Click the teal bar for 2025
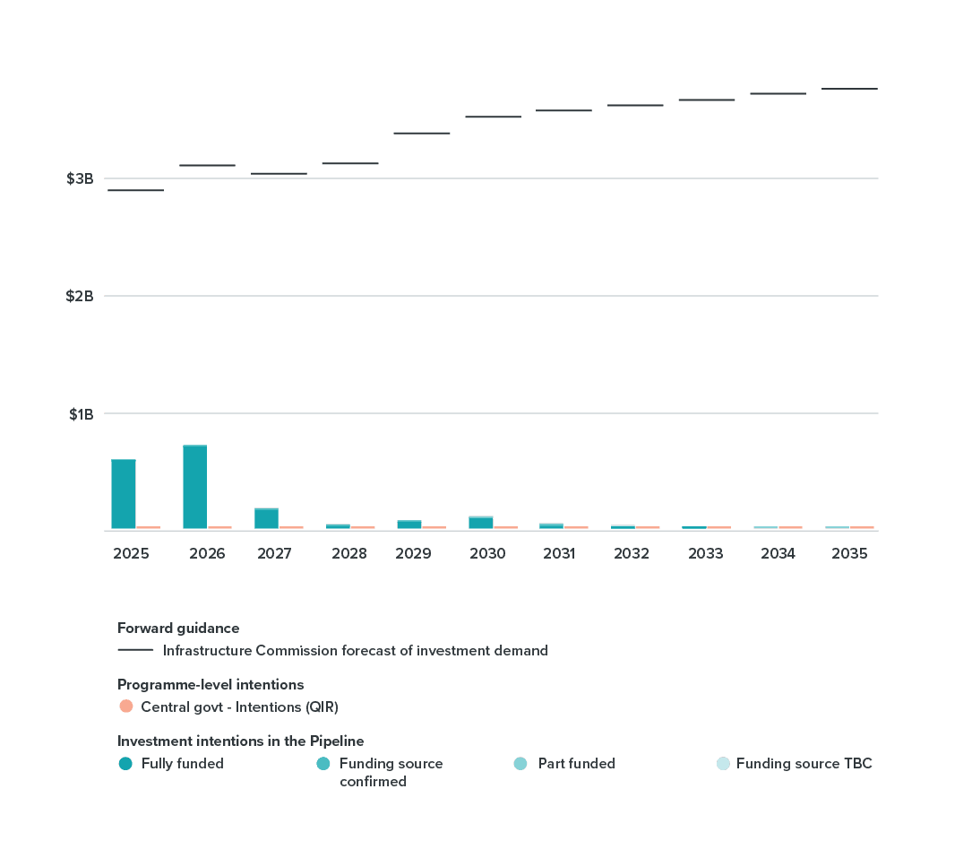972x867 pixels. coord(124,494)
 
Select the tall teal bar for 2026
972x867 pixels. coord(195,487)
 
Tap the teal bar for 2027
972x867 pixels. coord(266,518)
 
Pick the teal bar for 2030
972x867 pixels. coord(481,523)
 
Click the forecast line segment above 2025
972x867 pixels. coord(135,190)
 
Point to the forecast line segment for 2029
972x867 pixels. coord(421,133)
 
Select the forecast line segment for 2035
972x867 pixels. coord(849,89)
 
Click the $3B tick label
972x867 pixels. coord(80,178)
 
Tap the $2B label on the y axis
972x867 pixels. coord(80,296)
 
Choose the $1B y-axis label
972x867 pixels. coord(81,413)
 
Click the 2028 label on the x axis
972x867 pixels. coord(348,553)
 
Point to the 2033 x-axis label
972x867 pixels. coord(705,553)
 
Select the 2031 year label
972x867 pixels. coord(559,553)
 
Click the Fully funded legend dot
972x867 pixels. coord(125,764)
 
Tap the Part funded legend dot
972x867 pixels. coord(520,764)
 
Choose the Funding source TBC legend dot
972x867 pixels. coord(723,764)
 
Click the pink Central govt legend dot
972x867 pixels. coord(125,707)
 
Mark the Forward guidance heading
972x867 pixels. coord(178,628)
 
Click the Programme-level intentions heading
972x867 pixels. coord(211,685)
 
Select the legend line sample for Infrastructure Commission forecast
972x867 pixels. coord(135,650)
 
